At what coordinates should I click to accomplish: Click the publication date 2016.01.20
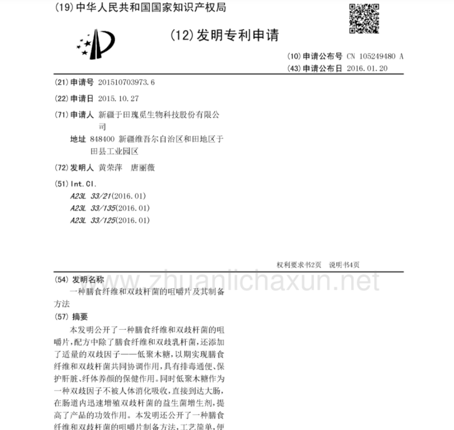coord(367,68)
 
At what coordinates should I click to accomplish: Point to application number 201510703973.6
coord(126,82)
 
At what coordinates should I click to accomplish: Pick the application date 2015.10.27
coord(118,99)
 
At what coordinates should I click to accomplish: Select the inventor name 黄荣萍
coord(110,167)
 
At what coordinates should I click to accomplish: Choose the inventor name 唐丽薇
coord(143,167)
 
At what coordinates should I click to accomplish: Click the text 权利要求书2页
coord(299,265)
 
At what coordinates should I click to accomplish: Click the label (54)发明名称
coord(79,279)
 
